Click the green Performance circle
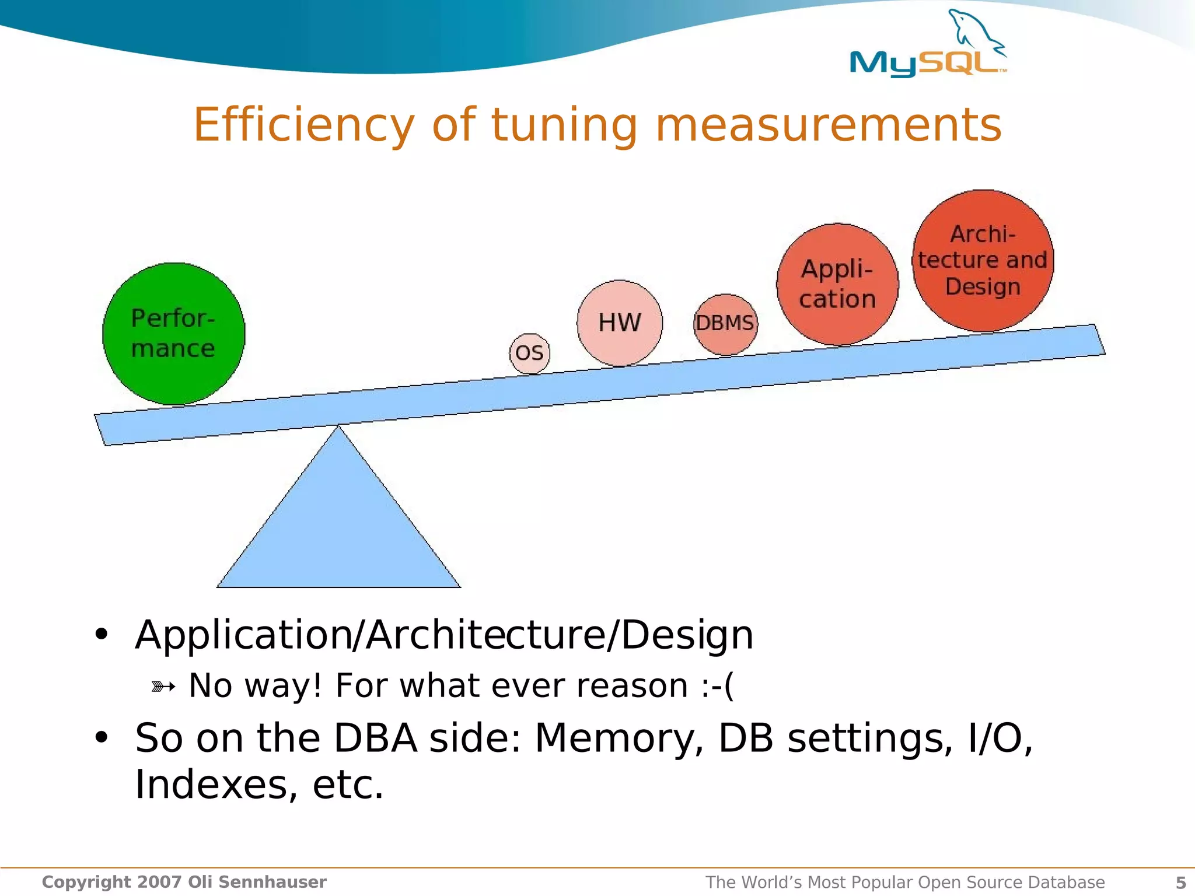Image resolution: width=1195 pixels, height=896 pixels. [173, 334]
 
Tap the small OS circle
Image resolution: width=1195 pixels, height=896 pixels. [529, 353]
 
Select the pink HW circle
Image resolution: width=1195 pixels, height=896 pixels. [620, 323]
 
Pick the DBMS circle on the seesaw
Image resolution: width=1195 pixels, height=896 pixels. [725, 324]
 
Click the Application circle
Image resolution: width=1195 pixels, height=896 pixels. [837, 284]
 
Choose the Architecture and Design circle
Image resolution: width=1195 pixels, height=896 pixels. [983, 261]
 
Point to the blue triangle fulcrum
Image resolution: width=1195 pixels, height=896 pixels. [338, 525]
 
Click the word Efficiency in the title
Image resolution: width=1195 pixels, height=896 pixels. [303, 125]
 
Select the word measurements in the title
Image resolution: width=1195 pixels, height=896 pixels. [829, 125]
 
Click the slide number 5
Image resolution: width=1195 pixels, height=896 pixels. [1180, 883]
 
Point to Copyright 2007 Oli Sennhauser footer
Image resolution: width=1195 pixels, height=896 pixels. [184, 882]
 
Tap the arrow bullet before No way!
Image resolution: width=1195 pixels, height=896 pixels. [163, 687]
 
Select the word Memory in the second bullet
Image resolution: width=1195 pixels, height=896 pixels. [619, 738]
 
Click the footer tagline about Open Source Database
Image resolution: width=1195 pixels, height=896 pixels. [904, 883]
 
